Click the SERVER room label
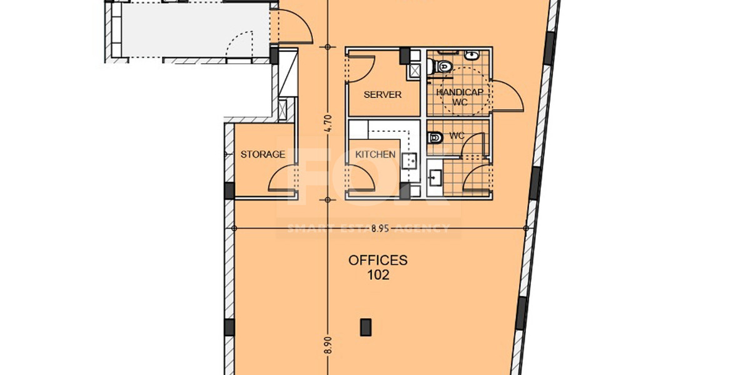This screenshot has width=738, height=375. coord(382,95)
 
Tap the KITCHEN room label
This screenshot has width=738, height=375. coord(375,154)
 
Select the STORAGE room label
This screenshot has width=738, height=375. coord(263,154)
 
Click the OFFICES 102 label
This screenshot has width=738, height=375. coord(378,267)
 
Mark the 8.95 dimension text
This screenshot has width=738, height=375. coord(380,229)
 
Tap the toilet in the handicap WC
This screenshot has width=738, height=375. coord(445,65)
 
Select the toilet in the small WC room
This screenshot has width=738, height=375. coord(436,137)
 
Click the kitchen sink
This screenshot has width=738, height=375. coord(409,161)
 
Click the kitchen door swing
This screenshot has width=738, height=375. coord(361,177)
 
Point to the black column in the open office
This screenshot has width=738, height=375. coord(365,327)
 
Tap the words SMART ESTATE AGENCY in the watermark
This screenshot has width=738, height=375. coord(368,229)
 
